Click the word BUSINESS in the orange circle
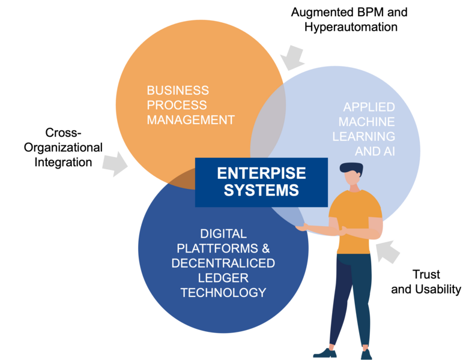(x=178, y=91)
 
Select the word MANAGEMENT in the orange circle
(x=190, y=120)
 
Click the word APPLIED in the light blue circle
(x=369, y=107)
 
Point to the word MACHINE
(x=366, y=122)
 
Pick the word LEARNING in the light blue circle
(x=365, y=136)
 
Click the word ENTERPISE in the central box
(x=261, y=173)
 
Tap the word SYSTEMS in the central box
(x=261, y=190)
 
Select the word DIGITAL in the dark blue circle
(x=223, y=233)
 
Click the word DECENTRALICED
(x=223, y=263)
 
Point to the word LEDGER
(x=223, y=278)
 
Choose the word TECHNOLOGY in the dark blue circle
(x=223, y=293)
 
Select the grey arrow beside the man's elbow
(x=389, y=251)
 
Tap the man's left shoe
(x=324, y=353)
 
